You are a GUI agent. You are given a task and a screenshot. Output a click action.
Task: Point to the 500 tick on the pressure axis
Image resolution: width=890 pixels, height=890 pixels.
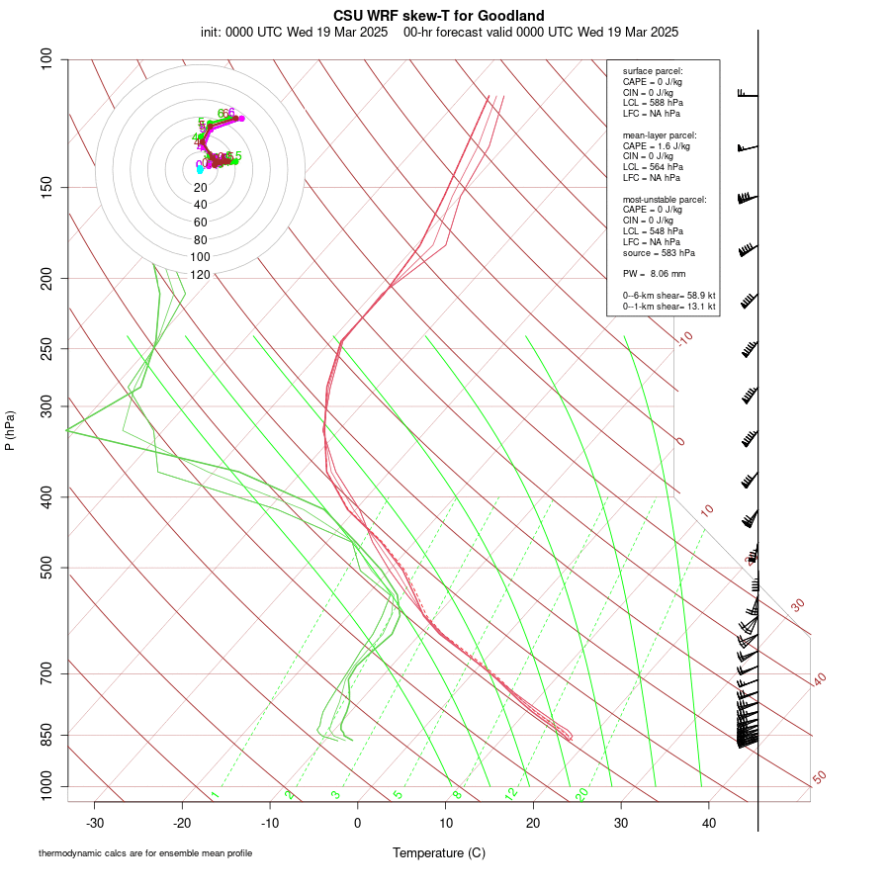click(x=47, y=568)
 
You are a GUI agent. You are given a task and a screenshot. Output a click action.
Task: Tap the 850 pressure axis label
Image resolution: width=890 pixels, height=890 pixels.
click(x=47, y=735)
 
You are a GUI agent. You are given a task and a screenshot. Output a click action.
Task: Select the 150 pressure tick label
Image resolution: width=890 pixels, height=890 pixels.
click(x=47, y=187)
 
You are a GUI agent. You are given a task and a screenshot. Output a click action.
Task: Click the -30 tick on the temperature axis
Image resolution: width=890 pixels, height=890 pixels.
click(x=95, y=823)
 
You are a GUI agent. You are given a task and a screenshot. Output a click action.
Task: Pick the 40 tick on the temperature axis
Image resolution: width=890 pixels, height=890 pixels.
click(x=709, y=823)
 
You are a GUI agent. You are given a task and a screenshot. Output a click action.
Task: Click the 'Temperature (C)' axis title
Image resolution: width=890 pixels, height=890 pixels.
click(x=439, y=852)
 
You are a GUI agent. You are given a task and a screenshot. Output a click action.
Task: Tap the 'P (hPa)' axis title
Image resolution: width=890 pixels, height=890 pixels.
click(x=10, y=430)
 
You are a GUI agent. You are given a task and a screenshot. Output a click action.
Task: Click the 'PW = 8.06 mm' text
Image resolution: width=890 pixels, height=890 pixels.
click(x=654, y=274)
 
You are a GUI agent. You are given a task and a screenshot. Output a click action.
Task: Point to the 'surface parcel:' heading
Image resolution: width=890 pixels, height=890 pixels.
click(x=653, y=71)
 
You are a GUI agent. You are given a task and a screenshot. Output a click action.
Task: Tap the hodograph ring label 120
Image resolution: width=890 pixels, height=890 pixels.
click(x=200, y=275)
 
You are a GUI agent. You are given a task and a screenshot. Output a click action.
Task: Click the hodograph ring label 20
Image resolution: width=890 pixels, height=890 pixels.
click(x=200, y=188)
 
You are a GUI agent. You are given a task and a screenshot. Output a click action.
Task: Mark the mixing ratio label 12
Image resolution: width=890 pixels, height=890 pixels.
click(x=511, y=794)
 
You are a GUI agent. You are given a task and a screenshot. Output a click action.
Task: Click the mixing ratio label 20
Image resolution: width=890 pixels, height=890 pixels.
click(x=581, y=794)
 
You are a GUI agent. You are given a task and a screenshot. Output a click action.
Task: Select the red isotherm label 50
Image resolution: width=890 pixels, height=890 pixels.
click(x=819, y=778)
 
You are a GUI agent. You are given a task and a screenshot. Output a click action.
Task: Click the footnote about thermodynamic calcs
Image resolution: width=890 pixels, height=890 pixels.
click(x=145, y=852)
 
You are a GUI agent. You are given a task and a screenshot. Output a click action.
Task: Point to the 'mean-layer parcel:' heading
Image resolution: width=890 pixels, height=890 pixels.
click(x=660, y=134)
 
